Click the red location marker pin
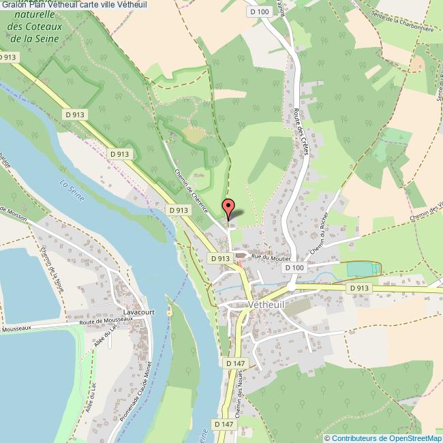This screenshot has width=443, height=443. click(x=228, y=207)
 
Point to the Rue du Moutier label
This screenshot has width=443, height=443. click(x=271, y=258)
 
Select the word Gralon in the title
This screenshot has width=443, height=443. click(x=13, y=5)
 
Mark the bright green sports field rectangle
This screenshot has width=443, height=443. click(x=363, y=269)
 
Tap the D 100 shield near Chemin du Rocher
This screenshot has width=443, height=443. click(x=294, y=268)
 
